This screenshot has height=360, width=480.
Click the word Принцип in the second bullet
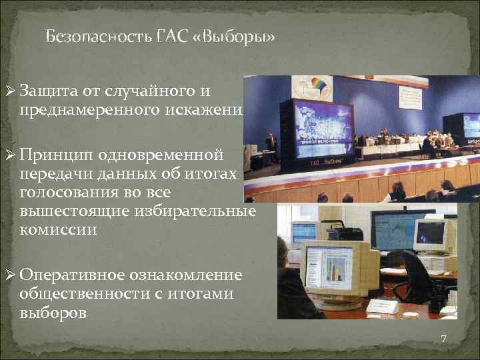55,156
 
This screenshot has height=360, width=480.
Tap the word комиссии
58,230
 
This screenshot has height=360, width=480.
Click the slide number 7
443,339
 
